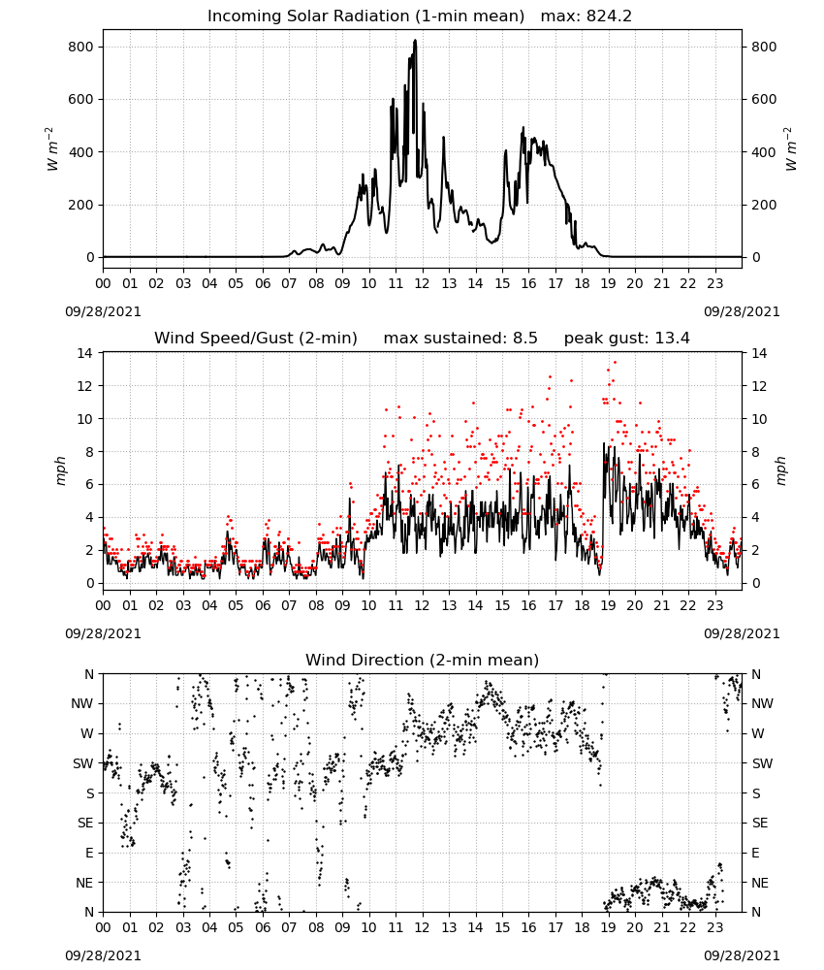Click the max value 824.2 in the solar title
click(x=609, y=16)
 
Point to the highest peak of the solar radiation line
click(x=416, y=40)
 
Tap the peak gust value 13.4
click(x=672, y=339)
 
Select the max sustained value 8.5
click(x=525, y=339)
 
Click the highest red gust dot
click(x=615, y=363)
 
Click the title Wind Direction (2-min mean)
click(x=423, y=660)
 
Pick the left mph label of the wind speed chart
click(x=60, y=470)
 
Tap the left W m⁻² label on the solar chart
click(x=52, y=149)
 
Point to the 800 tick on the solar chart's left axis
click(x=80, y=47)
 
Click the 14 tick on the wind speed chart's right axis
click(x=760, y=353)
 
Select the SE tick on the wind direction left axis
click(x=85, y=823)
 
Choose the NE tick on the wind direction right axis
click(x=760, y=883)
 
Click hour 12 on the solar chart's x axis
click(x=422, y=284)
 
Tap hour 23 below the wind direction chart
click(x=714, y=927)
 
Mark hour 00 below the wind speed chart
click(x=103, y=605)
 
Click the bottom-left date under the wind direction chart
click(x=103, y=955)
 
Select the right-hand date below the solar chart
click(x=742, y=311)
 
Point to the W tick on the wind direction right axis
click(x=758, y=733)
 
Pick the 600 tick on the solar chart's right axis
click(x=764, y=100)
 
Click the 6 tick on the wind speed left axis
click(x=90, y=484)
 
